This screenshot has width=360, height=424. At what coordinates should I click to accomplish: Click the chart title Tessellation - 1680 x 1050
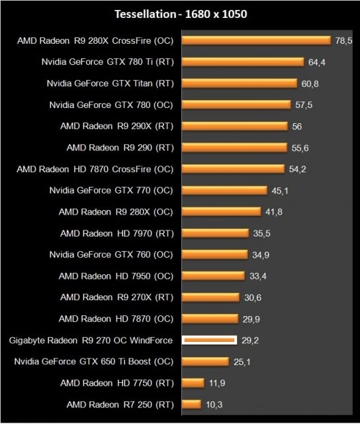(180, 13)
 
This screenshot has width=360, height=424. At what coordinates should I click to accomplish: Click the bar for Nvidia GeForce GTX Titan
(239, 83)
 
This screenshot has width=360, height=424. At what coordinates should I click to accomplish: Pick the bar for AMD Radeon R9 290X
(234, 126)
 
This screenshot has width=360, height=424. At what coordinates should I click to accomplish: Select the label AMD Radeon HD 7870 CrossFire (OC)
(95, 169)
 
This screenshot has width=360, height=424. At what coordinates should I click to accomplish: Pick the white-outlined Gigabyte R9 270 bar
(209, 340)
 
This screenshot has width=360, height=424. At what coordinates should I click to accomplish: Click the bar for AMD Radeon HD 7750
(193, 383)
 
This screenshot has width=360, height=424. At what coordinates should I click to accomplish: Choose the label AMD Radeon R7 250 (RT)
(120, 404)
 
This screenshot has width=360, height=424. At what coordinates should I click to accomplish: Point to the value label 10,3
(214, 404)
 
